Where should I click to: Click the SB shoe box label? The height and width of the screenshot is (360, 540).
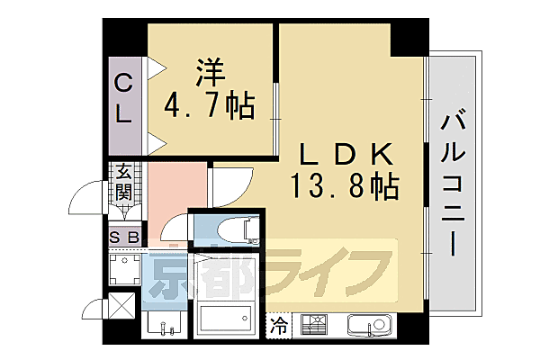[x=124, y=237]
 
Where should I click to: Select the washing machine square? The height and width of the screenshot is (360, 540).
[x=122, y=267]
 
